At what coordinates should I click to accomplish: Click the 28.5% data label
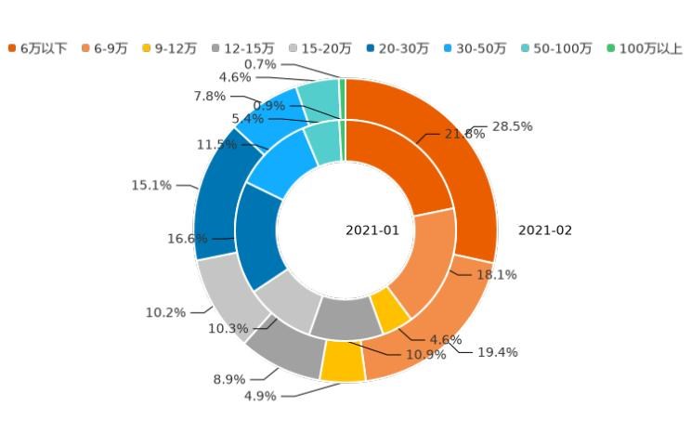point(512,126)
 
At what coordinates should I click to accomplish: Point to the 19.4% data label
point(497,352)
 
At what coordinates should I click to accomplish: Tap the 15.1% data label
point(151,186)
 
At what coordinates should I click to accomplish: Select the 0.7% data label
point(260,64)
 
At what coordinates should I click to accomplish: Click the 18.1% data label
point(497,275)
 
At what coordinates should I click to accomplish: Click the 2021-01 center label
point(372,230)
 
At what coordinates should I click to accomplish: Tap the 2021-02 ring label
point(545,230)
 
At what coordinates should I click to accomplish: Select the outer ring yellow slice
point(342,362)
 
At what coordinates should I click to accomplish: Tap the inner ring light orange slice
point(420,265)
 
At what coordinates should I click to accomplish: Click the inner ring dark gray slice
point(345,317)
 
